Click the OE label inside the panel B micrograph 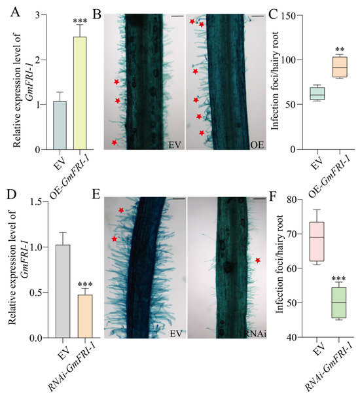coord(256,144)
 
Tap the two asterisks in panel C coord(340,50)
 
